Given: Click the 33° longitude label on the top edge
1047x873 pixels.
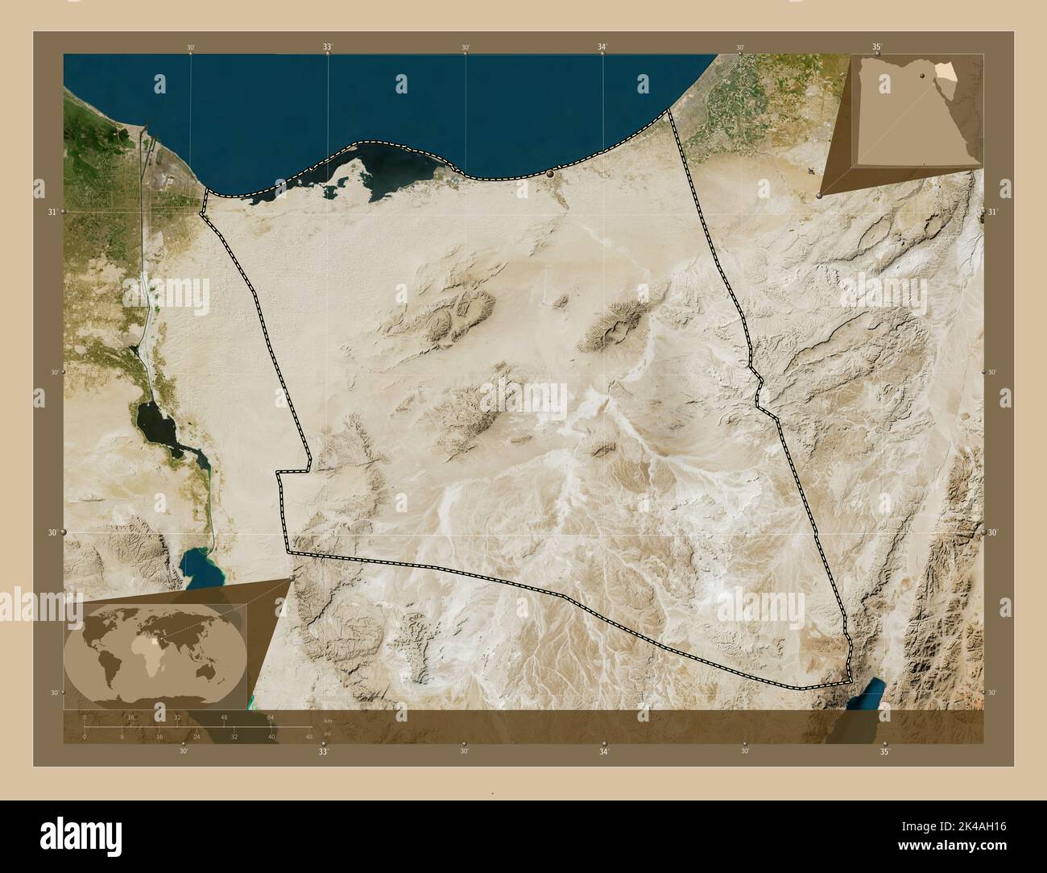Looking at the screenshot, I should click(x=327, y=48).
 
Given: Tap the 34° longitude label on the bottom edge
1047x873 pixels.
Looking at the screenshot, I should click(x=603, y=751).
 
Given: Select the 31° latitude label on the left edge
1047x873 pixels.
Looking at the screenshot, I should click(x=52, y=212).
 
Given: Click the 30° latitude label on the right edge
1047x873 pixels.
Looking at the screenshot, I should click(x=993, y=532).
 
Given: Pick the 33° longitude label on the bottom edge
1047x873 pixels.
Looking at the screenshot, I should click(x=322, y=751).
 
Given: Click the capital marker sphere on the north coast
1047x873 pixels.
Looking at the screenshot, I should click(x=551, y=173).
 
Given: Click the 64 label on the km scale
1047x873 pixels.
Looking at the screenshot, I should click(x=271, y=717).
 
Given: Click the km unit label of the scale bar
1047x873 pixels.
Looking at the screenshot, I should click(x=327, y=720).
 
